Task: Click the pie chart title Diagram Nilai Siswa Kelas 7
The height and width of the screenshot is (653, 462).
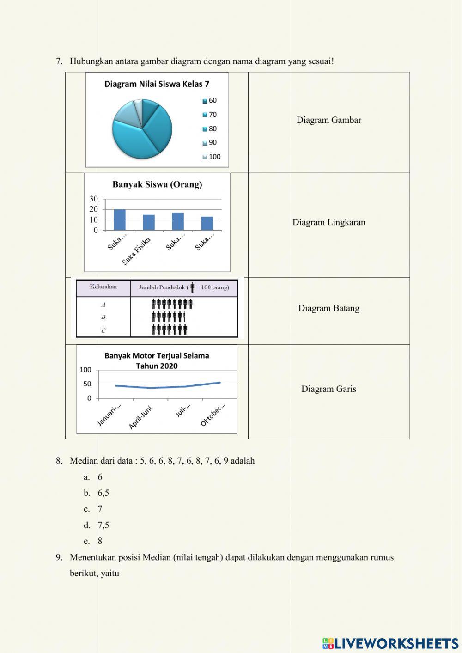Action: point(157,84)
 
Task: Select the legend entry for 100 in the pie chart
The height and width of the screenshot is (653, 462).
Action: point(212,157)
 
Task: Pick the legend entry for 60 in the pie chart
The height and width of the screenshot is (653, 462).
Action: point(210,101)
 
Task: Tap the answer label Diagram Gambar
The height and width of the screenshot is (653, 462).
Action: point(328,120)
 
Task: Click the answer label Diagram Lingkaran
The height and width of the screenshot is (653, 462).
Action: point(328,222)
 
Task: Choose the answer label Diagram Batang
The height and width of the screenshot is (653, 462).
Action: point(328,308)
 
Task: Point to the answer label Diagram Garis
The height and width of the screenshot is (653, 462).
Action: point(328,389)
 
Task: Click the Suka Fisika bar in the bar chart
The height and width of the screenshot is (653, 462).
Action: point(149,222)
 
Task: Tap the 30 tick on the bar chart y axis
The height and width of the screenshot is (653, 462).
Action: point(94,199)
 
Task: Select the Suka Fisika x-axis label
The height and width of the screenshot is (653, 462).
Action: point(136,251)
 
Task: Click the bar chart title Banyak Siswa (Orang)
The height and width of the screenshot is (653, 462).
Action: point(157,184)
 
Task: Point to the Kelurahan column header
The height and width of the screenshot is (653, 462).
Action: point(103,287)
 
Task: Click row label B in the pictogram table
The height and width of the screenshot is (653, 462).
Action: point(103,317)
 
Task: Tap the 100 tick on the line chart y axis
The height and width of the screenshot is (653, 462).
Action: point(85,370)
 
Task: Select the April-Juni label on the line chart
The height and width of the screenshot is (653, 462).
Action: point(140,417)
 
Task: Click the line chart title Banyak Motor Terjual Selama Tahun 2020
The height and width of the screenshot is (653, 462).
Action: point(157,360)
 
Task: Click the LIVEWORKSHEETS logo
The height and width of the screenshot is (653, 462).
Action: point(390,643)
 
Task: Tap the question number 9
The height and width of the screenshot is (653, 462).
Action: point(59,557)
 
